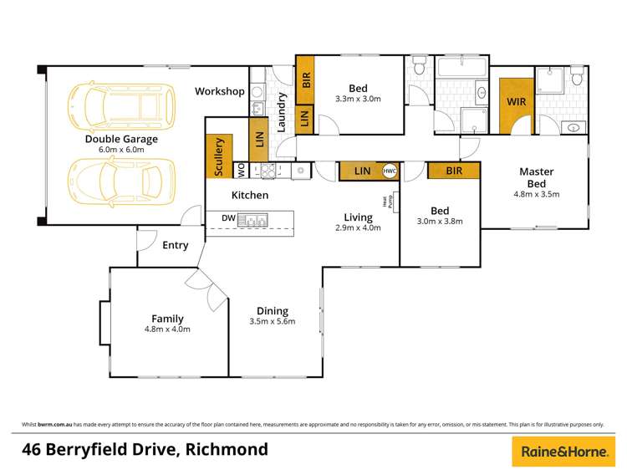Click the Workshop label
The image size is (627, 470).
pos(219,91)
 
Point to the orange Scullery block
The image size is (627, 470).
pos(220,156)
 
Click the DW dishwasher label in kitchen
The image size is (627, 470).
pos(228,219)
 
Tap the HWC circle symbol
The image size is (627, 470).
pos(389,171)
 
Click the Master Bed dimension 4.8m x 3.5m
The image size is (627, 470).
pos(535,193)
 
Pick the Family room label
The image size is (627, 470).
pos(167,319)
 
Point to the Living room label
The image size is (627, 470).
pos(358,217)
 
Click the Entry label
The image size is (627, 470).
pos(176,245)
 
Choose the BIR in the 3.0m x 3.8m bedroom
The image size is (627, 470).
pos(454,171)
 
